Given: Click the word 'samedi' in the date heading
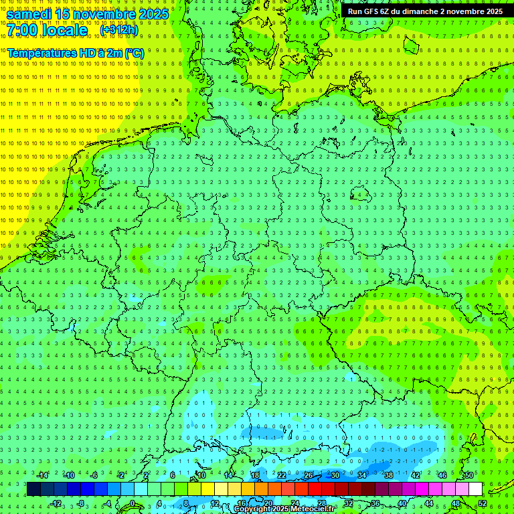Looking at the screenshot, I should (x=29, y=14).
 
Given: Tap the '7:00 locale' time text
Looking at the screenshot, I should (x=48, y=30).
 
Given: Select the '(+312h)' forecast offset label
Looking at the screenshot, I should (x=119, y=30).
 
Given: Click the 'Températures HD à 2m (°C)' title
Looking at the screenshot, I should (x=75, y=53).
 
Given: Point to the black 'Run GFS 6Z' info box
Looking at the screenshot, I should (x=425, y=11).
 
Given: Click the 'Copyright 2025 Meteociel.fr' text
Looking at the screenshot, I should (x=284, y=509).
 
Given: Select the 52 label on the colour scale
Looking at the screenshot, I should (x=483, y=503).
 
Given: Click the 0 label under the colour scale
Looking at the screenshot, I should (x=133, y=503).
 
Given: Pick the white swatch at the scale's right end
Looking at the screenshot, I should (x=475, y=489).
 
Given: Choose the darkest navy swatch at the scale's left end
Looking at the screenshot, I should (x=33, y=489).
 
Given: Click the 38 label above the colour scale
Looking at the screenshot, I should (x=389, y=475).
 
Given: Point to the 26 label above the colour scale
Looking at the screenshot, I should (x=309, y=475).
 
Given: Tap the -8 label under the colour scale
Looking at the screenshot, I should (x=81, y=503).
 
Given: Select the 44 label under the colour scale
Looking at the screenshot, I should (x=429, y=503).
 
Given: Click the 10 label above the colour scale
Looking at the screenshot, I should (x=201, y=475).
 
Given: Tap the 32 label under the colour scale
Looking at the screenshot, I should (x=349, y=503).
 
